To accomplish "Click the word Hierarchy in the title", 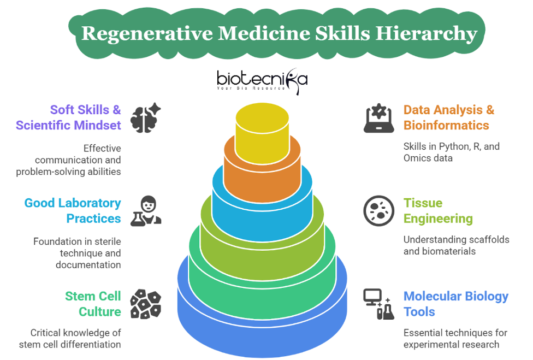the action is click(427, 34).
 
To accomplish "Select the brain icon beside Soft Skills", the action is click(145, 117).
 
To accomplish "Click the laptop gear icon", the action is click(378, 118).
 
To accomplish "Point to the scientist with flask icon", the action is click(146, 211).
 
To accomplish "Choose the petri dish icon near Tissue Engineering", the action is click(378, 211).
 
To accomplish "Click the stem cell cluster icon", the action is click(146, 304).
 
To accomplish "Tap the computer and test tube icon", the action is click(378, 304).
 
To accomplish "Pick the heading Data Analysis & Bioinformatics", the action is click(449, 117).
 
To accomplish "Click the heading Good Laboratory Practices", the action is click(73, 211).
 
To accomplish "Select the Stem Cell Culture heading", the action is click(93, 304).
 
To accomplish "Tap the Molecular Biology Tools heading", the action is click(456, 304).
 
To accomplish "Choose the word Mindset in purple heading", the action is click(97, 126).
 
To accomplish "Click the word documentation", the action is click(88, 265).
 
